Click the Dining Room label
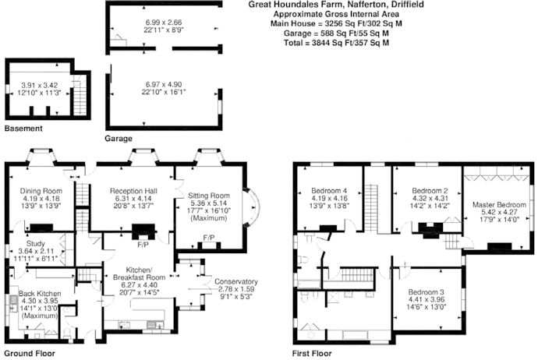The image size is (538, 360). pyautogui.click(x=41, y=191)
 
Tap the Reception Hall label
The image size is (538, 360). pyautogui.click(x=133, y=191)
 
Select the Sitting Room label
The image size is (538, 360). pyautogui.click(x=209, y=196)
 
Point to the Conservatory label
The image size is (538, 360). pyautogui.click(x=236, y=281)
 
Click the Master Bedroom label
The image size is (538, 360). pyautogui.click(x=499, y=205)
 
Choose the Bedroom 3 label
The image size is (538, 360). pyautogui.click(x=427, y=292)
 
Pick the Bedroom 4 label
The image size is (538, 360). pyautogui.click(x=329, y=191)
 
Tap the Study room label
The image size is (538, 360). pyautogui.click(x=36, y=244)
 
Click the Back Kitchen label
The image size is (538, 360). pyautogui.click(x=40, y=294)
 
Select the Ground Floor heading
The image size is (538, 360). pyautogui.click(x=30, y=354)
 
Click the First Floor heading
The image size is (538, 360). pyautogui.click(x=312, y=354)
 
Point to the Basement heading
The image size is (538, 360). pyautogui.click(x=23, y=129)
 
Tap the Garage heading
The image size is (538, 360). pyautogui.click(x=119, y=139)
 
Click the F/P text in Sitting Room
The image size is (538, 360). pyautogui.click(x=209, y=238)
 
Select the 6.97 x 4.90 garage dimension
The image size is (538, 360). pyautogui.click(x=164, y=84)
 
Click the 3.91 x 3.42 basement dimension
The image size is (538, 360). pyautogui.click(x=40, y=85)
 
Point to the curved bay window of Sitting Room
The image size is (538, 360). pyautogui.click(x=252, y=207)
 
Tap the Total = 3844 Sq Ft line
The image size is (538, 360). pyautogui.click(x=336, y=43)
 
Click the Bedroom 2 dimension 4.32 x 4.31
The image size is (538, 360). pyautogui.click(x=430, y=198)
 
